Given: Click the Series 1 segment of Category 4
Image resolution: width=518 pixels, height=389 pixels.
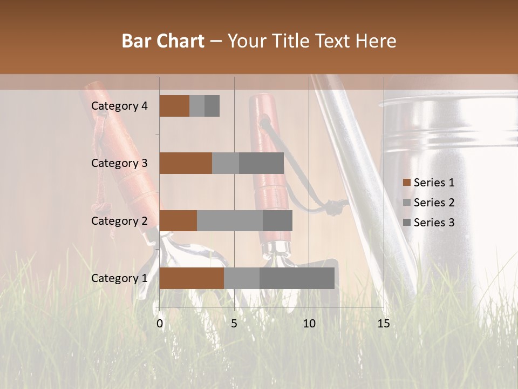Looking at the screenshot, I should pyautogui.click(x=174, y=106).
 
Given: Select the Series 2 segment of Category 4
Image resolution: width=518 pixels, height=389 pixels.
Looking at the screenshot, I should pyautogui.click(x=197, y=106).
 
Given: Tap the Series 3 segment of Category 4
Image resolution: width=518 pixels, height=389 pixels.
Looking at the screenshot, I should pyautogui.click(x=212, y=106).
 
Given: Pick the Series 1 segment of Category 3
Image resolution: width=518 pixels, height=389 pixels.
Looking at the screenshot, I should pyautogui.click(x=186, y=163).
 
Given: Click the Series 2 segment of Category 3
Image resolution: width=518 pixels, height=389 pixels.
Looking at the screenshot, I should pyautogui.click(x=226, y=163).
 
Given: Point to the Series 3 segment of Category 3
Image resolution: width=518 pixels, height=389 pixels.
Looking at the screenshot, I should pyautogui.click(x=261, y=163).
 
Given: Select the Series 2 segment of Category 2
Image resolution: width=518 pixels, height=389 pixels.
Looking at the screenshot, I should pyautogui.click(x=230, y=220).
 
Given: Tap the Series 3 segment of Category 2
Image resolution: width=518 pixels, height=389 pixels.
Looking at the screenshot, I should pyautogui.click(x=277, y=220).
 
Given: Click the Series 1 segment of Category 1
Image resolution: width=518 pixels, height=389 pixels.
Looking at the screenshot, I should pyautogui.click(x=192, y=278).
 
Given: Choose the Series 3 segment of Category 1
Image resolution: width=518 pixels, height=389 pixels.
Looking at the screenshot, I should pyautogui.click(x=297, y=278).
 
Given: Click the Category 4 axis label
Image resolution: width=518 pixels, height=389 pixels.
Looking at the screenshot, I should pyautogui.click(x=119, y=106).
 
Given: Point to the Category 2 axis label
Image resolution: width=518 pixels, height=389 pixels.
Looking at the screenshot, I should pyautogui.click(x=119, y=220).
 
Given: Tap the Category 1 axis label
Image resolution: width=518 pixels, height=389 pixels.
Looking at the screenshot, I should pyautogui.click(x=119, y=278).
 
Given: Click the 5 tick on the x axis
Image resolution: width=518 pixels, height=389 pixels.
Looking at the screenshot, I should pyautogui.click(x=234, y=324).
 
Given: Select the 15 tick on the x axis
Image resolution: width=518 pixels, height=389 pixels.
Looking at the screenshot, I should pyautogui.click(x=383, y=324).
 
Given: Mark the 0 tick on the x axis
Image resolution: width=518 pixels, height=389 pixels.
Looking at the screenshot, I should pyautogui.click(x=160, y=324).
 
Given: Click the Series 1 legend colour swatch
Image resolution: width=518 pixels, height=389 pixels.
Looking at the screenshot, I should pyautogui.click(x=407, y=183).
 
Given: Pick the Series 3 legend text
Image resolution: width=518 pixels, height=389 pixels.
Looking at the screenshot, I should pyautogui.click(x=434, y=223).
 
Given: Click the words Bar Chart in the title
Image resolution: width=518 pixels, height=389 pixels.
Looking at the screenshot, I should pyautogui.click(x=163, y=41).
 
